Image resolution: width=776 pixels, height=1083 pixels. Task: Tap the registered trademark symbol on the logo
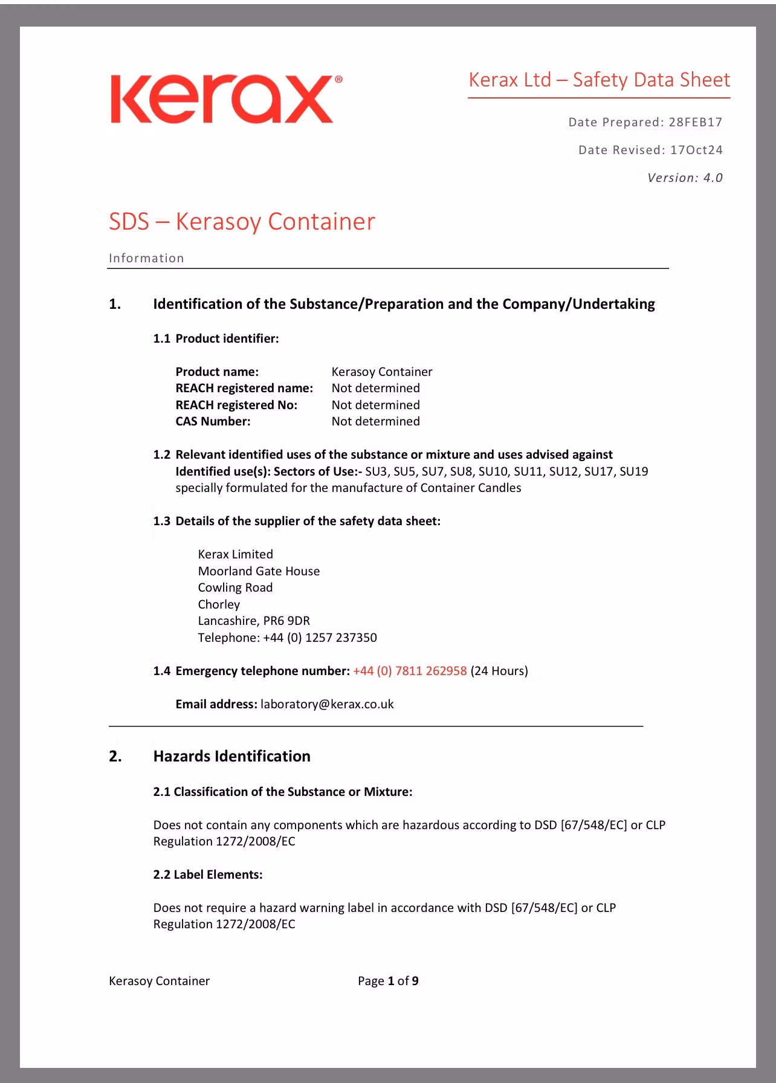pos(338,79)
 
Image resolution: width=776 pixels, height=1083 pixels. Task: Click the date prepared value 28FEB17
pos(695,122)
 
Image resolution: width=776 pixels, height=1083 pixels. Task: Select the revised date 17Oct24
pos(696,150)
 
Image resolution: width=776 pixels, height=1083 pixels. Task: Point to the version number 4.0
pos(713,178)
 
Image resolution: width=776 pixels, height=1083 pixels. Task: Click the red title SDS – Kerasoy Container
pos(242,222)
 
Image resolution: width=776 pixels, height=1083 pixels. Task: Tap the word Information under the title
pos(146,258)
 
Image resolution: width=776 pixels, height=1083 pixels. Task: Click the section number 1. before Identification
pos(115,304)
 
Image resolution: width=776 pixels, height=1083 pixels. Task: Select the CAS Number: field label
pos(213,421)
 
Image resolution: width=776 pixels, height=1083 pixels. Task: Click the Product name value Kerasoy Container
pos(382,372)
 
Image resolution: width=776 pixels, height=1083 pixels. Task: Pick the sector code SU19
pos(634,471)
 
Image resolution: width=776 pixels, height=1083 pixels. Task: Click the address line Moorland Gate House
pos(259,571)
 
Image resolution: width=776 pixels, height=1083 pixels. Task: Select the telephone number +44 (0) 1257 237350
pos(320,638)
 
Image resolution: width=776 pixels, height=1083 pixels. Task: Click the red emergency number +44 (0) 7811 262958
pos(410,671)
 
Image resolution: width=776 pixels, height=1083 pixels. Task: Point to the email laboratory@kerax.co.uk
pos(327,704)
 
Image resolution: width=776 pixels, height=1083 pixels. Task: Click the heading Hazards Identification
pos(231,756)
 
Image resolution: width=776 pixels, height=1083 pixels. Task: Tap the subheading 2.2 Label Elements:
pos(208,874)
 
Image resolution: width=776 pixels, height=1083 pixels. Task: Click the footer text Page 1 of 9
pos(388,981)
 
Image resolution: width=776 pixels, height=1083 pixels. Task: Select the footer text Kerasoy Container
pos(159,981)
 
